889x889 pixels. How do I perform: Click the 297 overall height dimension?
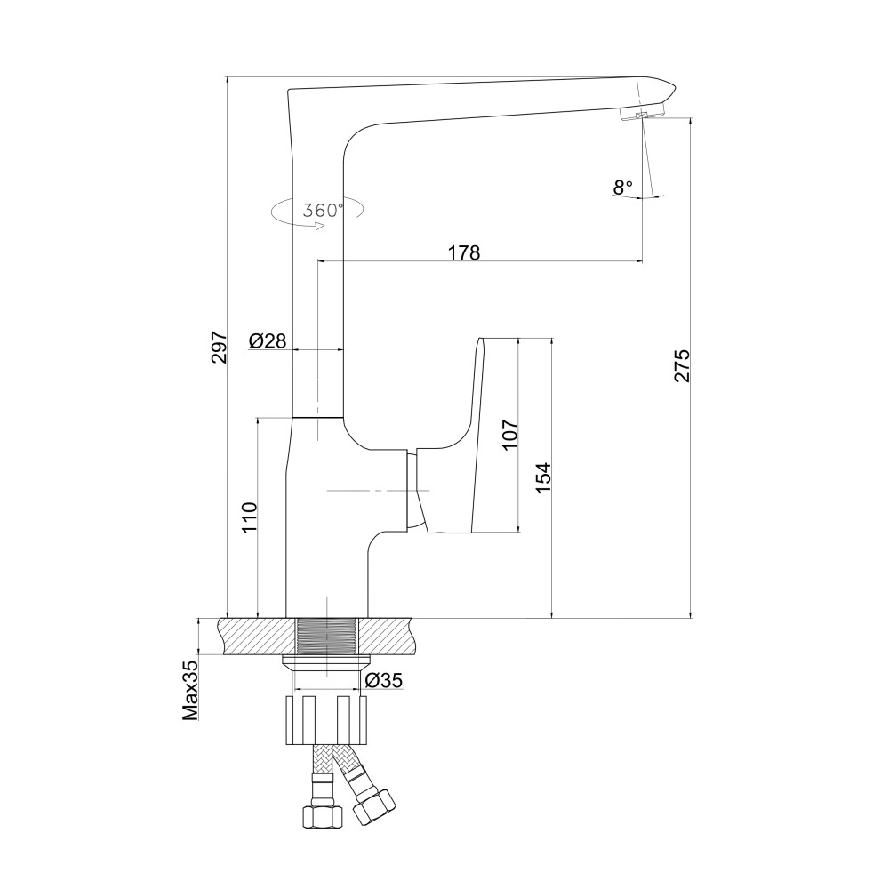coord(220,347)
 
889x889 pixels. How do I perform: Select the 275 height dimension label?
coord(682,365)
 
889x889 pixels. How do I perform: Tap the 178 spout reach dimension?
coord(464,252)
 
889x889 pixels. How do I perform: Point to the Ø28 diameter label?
coord(268,340)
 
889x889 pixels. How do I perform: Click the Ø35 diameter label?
coord(384,679)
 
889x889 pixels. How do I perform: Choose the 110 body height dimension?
coord(250,517)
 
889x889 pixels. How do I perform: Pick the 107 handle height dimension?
coord(509,435)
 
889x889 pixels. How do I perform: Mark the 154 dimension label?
coord(542,477)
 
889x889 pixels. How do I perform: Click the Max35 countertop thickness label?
coord(190,690)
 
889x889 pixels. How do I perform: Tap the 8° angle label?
coord(622,187)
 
